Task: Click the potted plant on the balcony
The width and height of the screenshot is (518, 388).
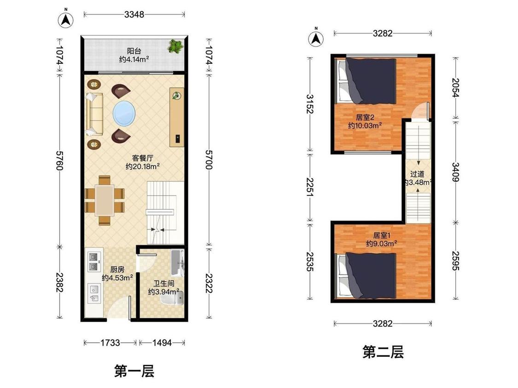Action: point(175,46)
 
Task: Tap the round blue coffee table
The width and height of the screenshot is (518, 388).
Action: point(124,114)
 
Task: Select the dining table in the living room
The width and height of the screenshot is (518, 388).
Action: point(105,200)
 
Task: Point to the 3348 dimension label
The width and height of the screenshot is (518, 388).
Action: point(134,15)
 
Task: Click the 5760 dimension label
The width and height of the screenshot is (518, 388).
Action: point(59,160)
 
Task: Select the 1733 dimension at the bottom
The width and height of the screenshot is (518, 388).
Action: point(110,343)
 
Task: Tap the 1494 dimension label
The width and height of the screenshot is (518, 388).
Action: point(162,343)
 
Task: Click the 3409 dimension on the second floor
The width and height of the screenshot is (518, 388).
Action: point(455,172)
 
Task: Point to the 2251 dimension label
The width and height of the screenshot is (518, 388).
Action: point(309,187)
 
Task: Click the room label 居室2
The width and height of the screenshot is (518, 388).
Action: point(365,117)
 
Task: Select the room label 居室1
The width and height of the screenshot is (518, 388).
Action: point(382,235)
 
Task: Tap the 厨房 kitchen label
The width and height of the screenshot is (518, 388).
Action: point(117,269)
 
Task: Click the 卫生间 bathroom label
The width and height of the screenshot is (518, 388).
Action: point(164,283)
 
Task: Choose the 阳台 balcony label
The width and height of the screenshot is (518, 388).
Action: point(134,51)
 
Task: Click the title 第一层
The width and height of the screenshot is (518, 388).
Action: point(134,371)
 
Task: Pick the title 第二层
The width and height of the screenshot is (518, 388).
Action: point(383,352)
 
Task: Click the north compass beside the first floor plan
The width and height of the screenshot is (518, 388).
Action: point(66,20)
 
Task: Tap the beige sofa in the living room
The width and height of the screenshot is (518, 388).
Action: point(95,114)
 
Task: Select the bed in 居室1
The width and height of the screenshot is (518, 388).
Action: point(366,275)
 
